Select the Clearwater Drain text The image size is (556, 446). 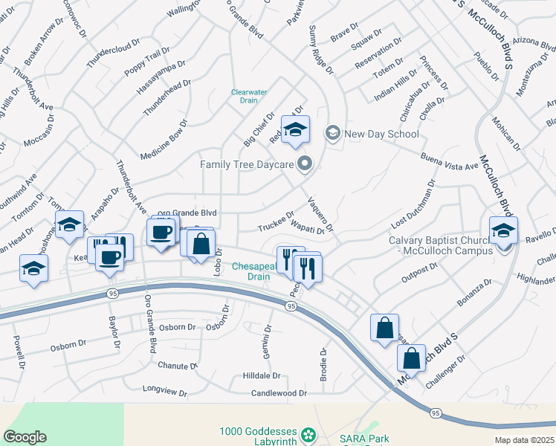point(249,97)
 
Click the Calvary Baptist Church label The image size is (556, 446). point(441,245)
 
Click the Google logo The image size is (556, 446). point(25,437)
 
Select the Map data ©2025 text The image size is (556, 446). point(525,440)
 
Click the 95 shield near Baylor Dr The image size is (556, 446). point(111,293)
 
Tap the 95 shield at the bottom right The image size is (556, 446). point(436,413)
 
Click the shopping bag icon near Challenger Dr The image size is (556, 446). point(412,358)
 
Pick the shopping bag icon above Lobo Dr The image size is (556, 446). point(201,243)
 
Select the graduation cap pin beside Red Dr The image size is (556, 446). point(295,129)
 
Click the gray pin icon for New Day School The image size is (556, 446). point(332,134)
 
